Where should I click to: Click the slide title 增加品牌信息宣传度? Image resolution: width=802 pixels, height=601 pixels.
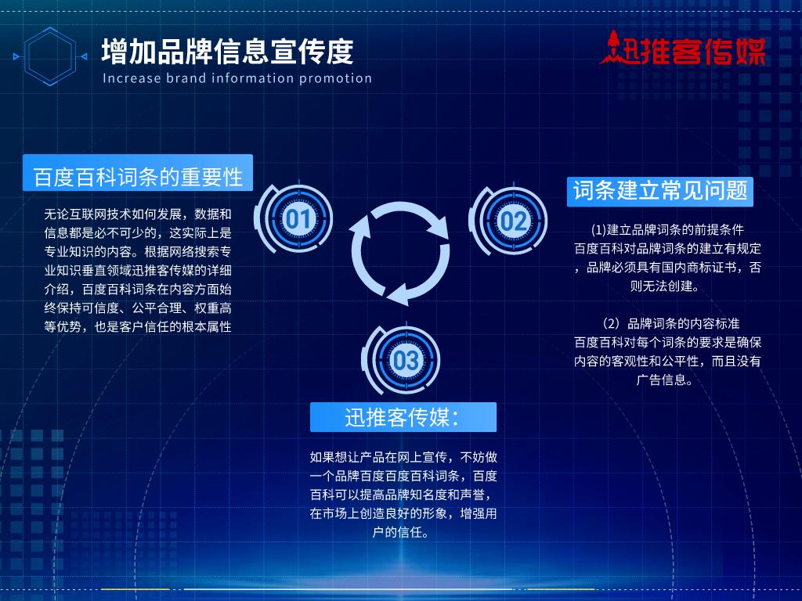point(227,52)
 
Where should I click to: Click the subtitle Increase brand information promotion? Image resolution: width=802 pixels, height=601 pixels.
point(237,78)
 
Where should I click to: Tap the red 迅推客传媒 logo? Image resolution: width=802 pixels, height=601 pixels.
point(683,49)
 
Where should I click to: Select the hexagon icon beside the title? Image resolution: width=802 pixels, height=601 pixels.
point(52,56)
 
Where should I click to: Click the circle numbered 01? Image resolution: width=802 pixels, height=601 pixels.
point(298,218)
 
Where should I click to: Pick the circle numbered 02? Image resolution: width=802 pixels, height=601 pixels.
point(513,221)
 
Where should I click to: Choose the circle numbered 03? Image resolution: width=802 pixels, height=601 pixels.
point(406,360)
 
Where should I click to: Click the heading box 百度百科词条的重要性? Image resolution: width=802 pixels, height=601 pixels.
point(138,176)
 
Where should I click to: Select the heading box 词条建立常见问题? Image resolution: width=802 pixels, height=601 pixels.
point(660,190)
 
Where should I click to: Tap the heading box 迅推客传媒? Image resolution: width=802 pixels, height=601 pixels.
point(403,417)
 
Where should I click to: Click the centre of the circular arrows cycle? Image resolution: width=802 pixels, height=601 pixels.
point(399,253)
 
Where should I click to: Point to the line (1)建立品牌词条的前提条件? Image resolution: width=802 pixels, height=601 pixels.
point(667,230)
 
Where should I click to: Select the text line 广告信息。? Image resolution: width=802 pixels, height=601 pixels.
point(667,380)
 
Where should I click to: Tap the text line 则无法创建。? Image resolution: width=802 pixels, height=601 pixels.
point(667,286)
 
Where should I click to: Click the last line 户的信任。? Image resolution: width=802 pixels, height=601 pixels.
point(403,533)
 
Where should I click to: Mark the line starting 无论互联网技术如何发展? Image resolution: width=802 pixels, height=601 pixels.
point(138,214)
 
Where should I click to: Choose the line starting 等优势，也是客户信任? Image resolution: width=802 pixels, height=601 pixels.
point(138,327)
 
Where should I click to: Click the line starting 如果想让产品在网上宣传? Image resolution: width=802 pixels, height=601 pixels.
point(403,457)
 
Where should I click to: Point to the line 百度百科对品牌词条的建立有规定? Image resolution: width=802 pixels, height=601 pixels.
point(667,249)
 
